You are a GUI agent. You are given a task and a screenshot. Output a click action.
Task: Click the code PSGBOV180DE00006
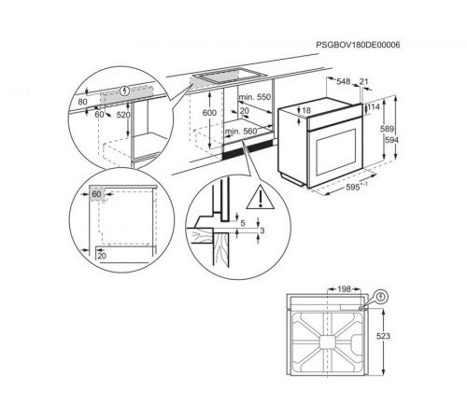coord(358,45)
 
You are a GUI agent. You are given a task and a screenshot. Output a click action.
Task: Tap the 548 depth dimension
coord(344,81)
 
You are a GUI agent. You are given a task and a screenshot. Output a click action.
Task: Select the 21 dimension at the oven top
coord(363,81)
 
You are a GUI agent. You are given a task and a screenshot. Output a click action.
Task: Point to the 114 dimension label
coord(374,107)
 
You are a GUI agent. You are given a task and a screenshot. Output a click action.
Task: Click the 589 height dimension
coord(387,129)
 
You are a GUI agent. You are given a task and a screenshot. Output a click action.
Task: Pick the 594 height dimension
coord(391,140)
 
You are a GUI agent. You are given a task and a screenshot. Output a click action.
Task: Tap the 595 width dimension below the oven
coord(353,188)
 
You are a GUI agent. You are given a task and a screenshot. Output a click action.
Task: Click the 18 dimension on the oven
coord(306,110)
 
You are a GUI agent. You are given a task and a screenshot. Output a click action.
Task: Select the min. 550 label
coord(255,97)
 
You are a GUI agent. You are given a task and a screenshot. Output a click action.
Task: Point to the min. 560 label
coord(241,132)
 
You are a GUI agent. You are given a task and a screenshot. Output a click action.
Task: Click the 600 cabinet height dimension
coord(209,113)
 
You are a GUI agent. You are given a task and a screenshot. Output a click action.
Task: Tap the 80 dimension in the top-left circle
coord(82,102)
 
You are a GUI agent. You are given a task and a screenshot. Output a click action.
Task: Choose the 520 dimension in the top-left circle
coord(123,115)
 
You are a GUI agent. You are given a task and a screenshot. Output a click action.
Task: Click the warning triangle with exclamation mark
coord(261,197)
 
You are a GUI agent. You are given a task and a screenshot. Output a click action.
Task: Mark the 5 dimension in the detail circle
coord(243,223)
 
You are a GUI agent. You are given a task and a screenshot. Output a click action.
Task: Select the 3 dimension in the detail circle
coord(262,231)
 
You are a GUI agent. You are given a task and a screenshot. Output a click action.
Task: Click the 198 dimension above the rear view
coord(344,289)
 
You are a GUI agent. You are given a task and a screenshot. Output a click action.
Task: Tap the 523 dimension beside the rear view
coord(383,336)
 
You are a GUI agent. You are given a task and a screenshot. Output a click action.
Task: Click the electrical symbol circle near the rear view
coord(380,297)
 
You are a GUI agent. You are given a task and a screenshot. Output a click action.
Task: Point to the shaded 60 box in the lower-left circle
coord(96,194)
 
